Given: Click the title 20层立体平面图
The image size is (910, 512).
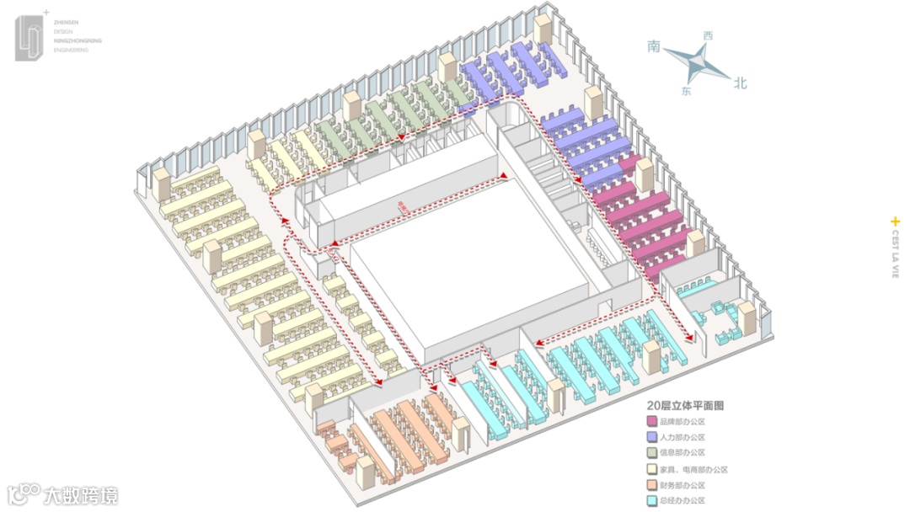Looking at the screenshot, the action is [x=686, y=405].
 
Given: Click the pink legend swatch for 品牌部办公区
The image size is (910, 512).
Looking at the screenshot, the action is [x=651, y=421].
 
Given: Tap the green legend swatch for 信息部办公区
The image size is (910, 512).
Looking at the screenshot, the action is [x=651, y=453].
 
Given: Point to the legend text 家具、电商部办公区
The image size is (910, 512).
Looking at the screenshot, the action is [x=693, y=470].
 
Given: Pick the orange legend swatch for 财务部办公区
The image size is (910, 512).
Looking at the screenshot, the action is [x=651, y=486].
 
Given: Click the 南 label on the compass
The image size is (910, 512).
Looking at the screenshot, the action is [x=655, y=46].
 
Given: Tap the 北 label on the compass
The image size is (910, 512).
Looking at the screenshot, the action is [x=741, y=83].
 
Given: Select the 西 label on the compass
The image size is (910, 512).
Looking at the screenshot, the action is [x=708, y=36].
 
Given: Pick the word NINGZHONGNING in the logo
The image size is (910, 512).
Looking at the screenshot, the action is [x=77, y=41].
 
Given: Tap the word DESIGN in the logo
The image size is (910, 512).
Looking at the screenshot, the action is [x=63, y=32].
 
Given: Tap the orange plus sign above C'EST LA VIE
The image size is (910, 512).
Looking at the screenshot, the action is [x=895, y=221].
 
